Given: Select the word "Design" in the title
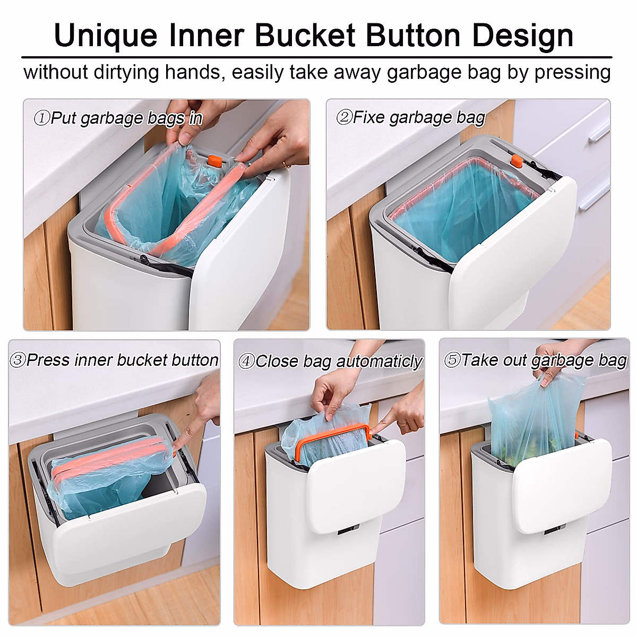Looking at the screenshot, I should point(522,36).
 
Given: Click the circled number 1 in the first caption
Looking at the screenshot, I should point(41,118).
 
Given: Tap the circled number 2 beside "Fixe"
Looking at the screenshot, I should point(344,117).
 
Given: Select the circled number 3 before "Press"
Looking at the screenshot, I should point(18,360).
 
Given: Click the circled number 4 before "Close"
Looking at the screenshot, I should point(246,362).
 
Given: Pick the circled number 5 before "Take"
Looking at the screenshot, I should point(452,360).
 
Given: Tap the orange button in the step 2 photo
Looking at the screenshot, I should point(514,159).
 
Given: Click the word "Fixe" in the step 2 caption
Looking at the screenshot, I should point(369,117).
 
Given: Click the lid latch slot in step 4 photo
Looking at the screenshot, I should point(348,529).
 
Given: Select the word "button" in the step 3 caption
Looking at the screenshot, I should point(196,360).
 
